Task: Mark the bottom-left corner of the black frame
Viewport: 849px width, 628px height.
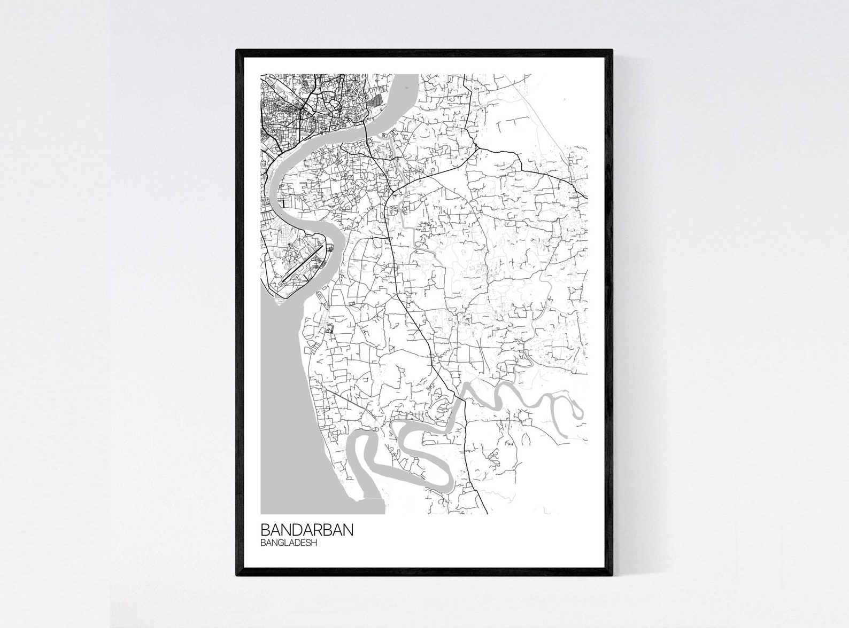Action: pos(237,576)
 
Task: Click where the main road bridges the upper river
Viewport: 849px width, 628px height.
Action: pos(365,128)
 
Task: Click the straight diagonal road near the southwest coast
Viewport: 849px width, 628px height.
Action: pos(342,398)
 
